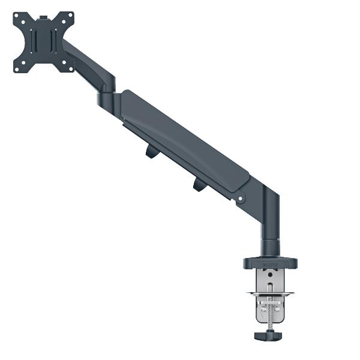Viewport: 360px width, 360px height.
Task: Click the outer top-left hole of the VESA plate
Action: pyautogui.click(x=17, y=17)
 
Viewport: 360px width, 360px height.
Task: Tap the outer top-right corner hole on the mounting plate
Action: pyautogui.click(x=70, y=15)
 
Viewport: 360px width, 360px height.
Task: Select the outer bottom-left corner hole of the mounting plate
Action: pyautogui.click(x=18, y=68)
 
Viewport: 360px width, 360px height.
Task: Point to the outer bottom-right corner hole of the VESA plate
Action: pyautogui.click(x=70, y=67)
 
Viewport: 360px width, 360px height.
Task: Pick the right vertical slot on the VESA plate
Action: pyautogui.click(x=53, y=42)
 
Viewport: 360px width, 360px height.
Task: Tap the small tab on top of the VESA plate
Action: pyautogui.click(x=44, y=12)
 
